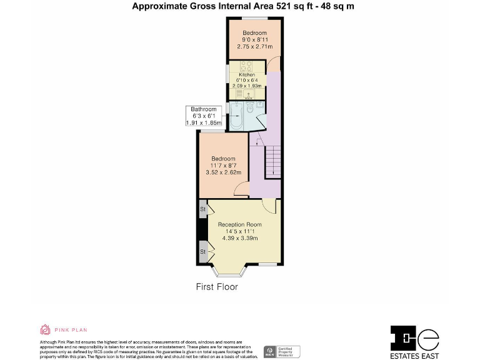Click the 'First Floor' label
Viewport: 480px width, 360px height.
(x=217, y=287)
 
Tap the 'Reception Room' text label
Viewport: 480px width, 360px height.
(x=239, y=224)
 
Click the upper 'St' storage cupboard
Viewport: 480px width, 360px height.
(x=203, y=209)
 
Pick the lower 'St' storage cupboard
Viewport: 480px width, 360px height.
(x=203, y=252)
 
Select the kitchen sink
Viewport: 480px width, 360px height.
(x=248, y=94)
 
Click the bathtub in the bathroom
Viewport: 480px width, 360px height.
(x=236, y=117)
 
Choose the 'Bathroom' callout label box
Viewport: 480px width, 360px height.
(x=203, y=116)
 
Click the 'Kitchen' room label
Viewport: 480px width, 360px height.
(x=246, y=74)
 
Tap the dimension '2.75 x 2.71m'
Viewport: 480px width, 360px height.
(x=254, y=47)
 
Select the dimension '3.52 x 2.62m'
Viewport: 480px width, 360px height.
(x=223, y=172)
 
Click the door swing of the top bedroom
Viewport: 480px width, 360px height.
(x=272, y=64)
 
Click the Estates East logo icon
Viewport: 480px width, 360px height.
(x=414, y=338)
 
